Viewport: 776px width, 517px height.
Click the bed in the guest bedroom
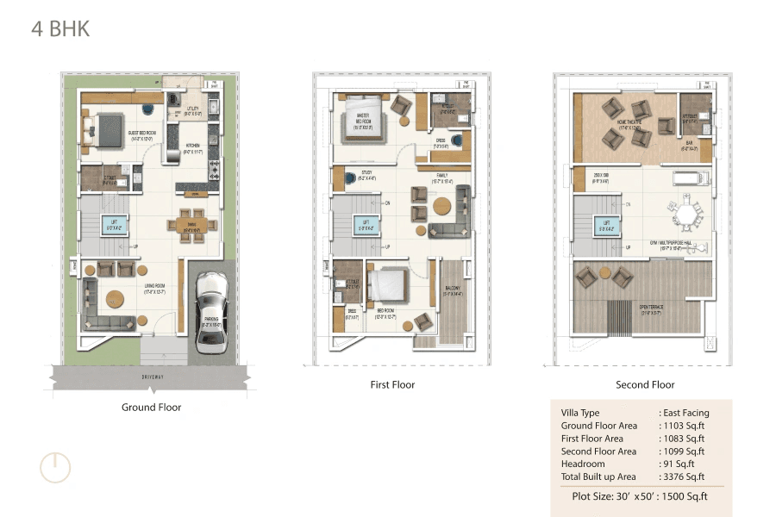point(105,130)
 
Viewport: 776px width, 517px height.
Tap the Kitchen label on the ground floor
point(193,146)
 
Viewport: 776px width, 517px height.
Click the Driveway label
point(151,377)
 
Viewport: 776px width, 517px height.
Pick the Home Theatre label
point(628,122)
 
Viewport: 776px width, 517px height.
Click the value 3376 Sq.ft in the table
point(683,477)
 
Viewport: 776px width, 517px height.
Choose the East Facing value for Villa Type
point(685,413)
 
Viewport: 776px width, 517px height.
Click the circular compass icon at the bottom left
point(55,466)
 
